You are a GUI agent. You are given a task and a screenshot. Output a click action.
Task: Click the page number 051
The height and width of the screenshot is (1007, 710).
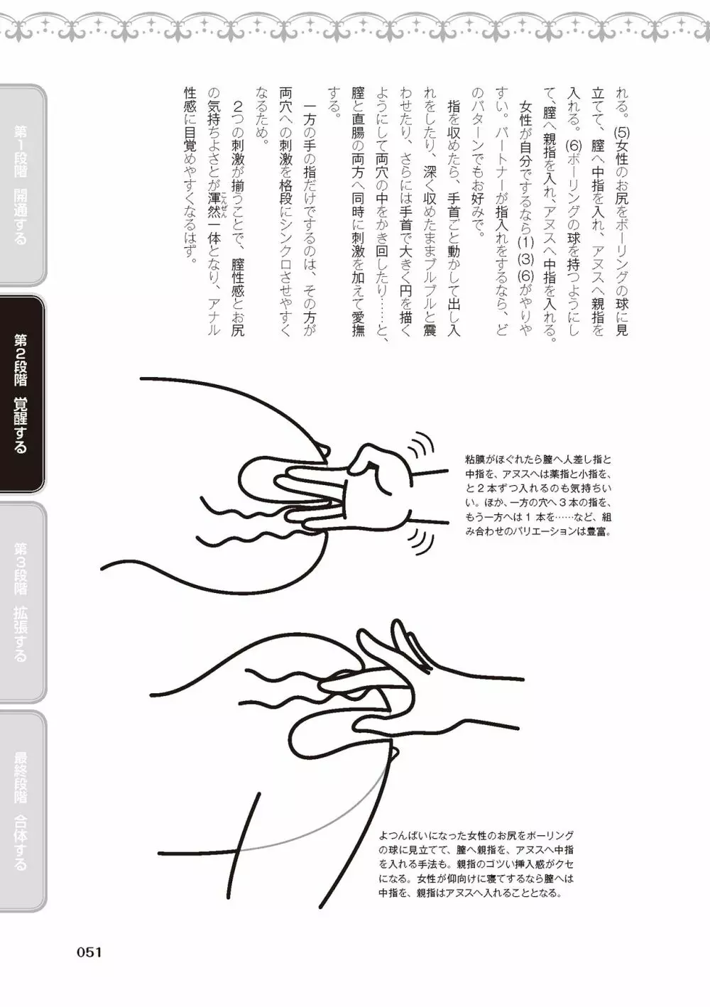89,952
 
